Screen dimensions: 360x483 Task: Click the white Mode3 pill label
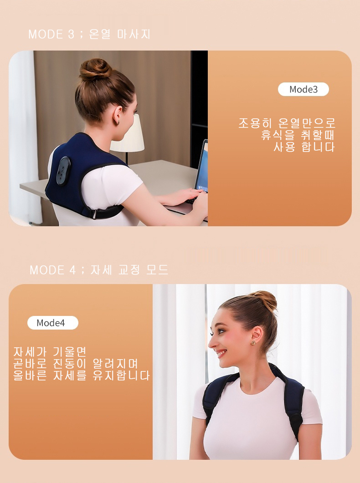[303, 89]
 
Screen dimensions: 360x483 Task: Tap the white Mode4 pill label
[53, 323]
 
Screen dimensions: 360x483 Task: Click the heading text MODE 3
[51, 34]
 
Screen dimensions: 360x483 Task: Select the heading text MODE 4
[53, 270]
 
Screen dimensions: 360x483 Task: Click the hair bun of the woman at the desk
[95, 70]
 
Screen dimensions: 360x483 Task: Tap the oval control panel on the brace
[63, 171]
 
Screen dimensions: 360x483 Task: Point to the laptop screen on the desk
[201, 166]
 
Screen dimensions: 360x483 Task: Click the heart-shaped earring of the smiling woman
[253, 342]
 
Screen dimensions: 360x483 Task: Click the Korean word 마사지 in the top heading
[134, 34]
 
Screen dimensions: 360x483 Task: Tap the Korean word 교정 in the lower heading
[129, 270]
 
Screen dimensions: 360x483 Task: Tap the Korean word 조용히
[255, 123]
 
